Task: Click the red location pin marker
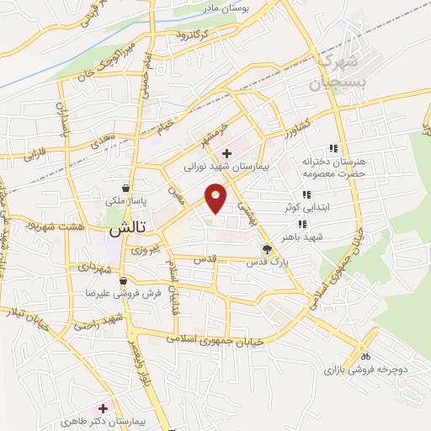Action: tap(216, 199)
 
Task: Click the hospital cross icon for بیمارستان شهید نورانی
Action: tap(226, 152)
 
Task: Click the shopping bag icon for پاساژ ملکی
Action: tap(125, 188)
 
